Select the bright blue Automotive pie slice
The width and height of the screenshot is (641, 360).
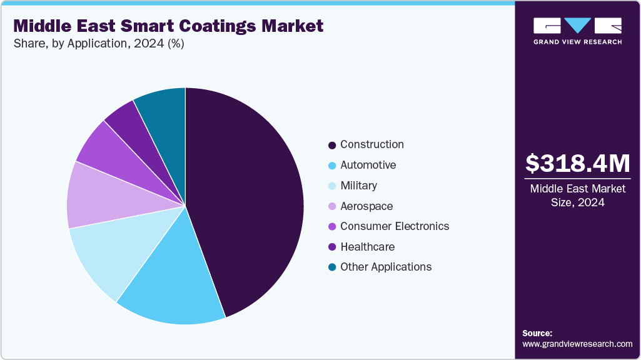point(175,281)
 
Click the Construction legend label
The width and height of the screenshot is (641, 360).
point(371,144)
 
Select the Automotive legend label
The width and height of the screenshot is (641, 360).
point(368,165)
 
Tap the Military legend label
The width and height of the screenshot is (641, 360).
point(358,186)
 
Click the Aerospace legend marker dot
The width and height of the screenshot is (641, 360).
point(332,206)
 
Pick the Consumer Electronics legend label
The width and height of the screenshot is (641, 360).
point(394,226)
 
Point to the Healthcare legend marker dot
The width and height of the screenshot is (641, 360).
point(332,247)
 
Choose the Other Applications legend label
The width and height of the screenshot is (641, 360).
point(385,267)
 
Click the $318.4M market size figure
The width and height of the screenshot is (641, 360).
point(577,163)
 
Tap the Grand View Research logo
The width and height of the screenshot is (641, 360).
point(577,31)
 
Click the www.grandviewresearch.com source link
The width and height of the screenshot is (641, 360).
point(577,344)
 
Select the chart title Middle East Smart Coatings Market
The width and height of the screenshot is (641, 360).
point(168,26)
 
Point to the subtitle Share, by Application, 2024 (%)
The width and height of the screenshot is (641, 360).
point(99,44)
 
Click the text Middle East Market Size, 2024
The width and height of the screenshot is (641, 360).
point(577,195)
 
